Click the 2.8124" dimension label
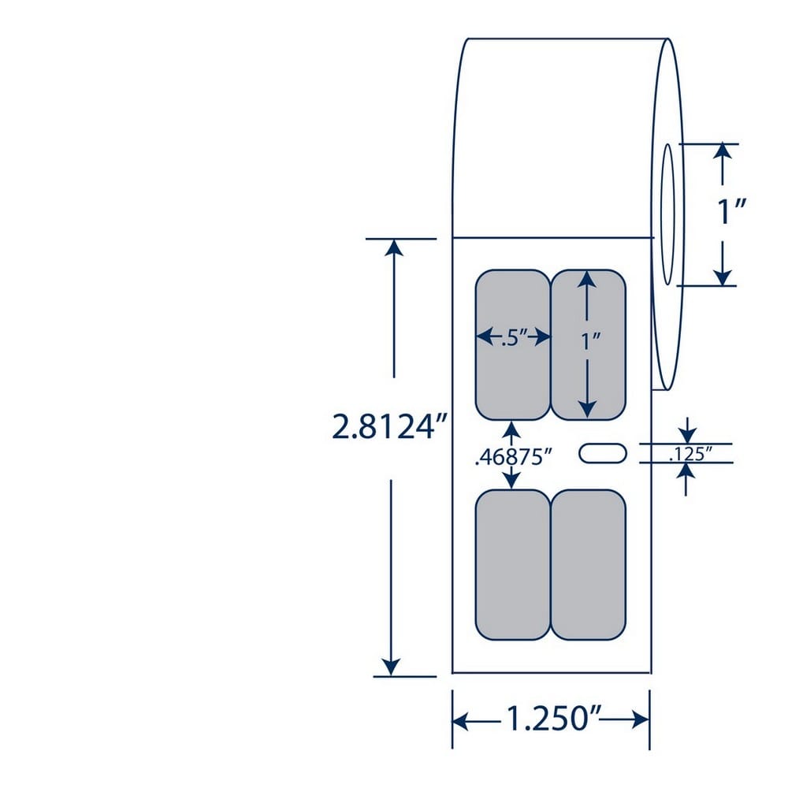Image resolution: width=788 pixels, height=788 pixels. pyautogui.click(x=389, y=427)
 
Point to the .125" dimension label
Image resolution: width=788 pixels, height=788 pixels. pyautogui.click(x=691, y=454)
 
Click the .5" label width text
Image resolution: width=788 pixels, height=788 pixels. pyautogui.click(x=513, y=338)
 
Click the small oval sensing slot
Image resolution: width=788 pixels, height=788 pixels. pyautogui.click(x=603, y=453)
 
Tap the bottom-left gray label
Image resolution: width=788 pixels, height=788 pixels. pyautogui.click(x=513, y=564)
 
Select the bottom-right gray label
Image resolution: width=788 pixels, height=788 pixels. pyautogui.click(x=589, y=564)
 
